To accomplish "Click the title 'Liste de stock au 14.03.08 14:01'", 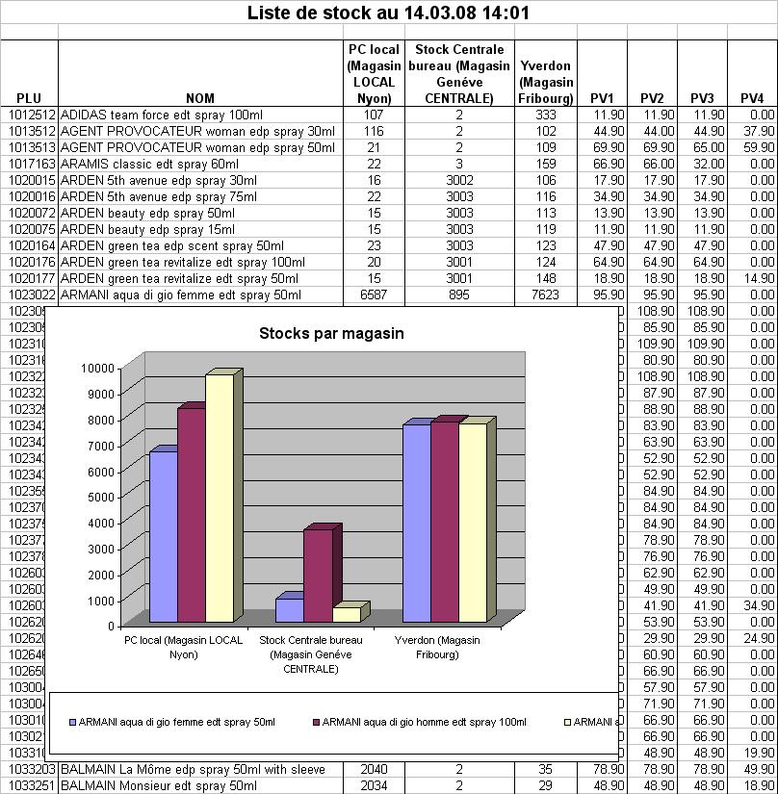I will coord(388,13).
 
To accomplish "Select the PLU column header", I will coord(29,97).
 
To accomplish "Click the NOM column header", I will coord(200,97).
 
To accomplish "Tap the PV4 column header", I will coord(752,97).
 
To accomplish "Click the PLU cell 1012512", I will coord(32,115).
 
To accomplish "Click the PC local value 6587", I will coord(372,295).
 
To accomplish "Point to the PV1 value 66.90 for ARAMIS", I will coord(602,164).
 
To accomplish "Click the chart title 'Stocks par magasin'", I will coord(331,334).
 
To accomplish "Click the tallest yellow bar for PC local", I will coord(220,499).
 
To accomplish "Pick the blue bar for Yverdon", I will coord(417,524).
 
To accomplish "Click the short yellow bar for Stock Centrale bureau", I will coord(347,614).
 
